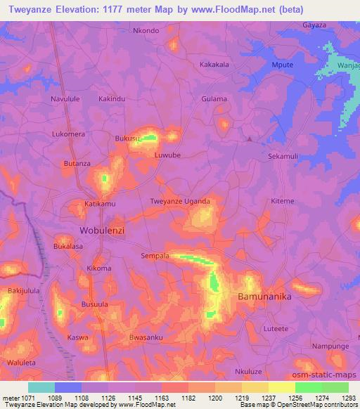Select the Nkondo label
coord(146,31)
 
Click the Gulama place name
coord(214,99)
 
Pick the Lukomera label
coord(68,134)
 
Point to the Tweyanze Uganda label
coord(181,202)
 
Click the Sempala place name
coord(155,257)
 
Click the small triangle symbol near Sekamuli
coord(250,138)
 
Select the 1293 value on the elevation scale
coord(348,397)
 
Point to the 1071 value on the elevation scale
coord(22,397)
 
